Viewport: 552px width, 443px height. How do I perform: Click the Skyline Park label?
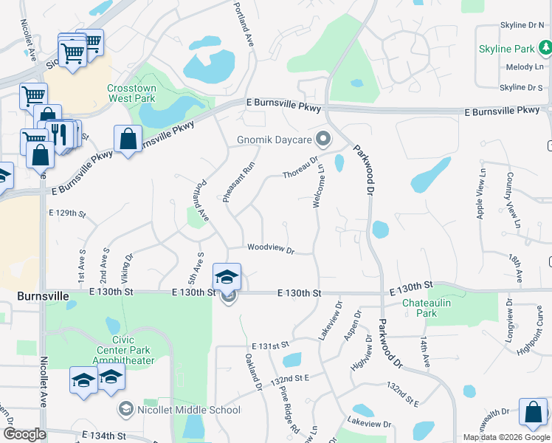coord(506,49)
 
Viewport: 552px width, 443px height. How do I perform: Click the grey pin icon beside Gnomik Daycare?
coord(322,139)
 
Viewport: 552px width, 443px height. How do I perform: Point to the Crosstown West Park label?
coord(131,92)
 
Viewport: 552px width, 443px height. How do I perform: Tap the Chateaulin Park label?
coord(420,308)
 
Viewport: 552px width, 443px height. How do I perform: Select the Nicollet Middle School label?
coord(189,410)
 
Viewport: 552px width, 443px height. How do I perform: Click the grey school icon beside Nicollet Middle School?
coord(125,409)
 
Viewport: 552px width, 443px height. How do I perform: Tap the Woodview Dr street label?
coord(271,249)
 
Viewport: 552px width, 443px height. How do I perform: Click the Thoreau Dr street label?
coord(301,167)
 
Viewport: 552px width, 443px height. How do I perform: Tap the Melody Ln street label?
coord(524,67)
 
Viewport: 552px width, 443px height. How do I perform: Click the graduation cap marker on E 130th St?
coord(227,278)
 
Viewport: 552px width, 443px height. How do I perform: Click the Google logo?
coord(24,434)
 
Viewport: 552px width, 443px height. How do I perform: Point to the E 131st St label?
coord(269,346)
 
